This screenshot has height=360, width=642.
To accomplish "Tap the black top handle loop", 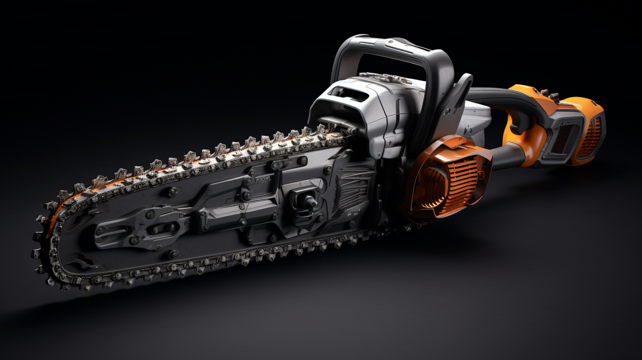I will pos(388,49).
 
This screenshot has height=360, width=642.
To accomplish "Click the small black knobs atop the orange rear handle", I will pos(549,94).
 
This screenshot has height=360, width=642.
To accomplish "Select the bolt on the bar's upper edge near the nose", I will pos(172,191).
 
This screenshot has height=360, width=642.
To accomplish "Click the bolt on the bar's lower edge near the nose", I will pos(172,254).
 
